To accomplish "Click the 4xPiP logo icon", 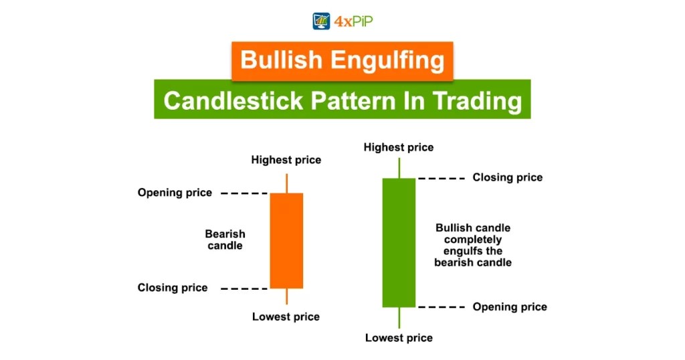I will click(322, 21).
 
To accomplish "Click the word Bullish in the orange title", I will click(280, 60).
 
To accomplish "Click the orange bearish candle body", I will click(286, 240).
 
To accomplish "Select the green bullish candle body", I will click(399, 242).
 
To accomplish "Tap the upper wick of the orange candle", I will click(286, 183).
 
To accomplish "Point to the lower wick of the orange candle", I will click(286, 296).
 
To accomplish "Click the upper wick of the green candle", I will click(399, 168).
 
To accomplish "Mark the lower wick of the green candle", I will click(399, 317).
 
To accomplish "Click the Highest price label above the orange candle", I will click(286, 160).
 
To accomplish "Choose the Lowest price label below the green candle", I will click(399, 338).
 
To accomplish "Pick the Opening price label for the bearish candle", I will click(175, 193).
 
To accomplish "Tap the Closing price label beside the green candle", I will click(507, 177).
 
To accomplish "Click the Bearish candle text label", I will click(225, 240).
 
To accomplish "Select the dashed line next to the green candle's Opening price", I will click(441, 306).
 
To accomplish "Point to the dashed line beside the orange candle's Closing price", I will click(243, 288).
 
